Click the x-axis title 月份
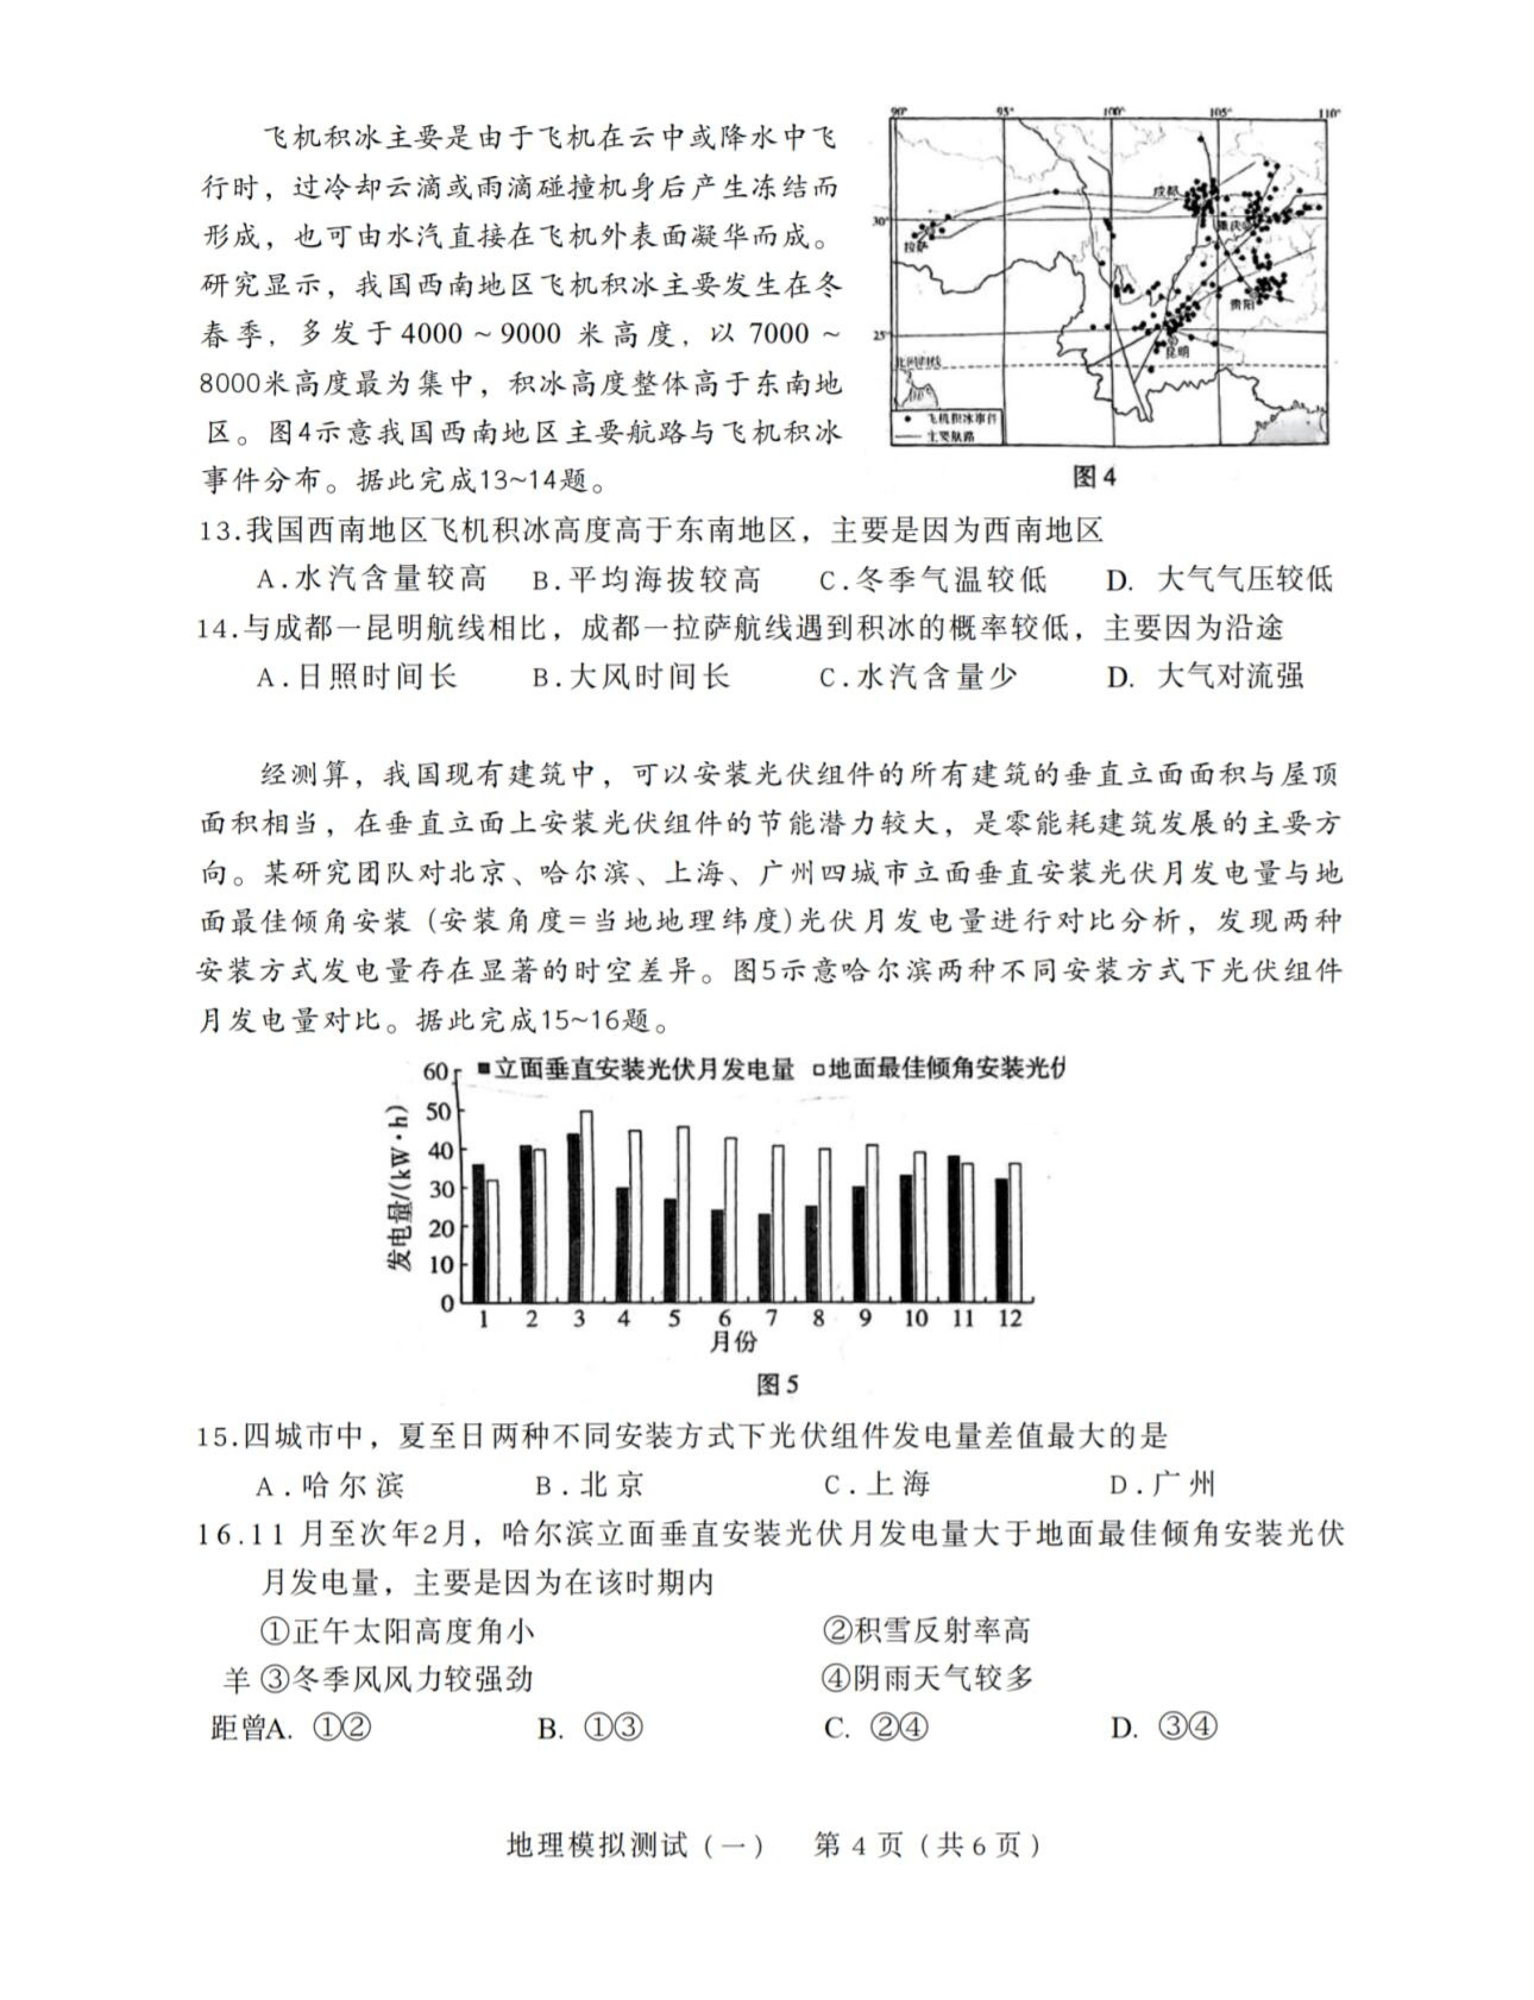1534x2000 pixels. click(x=733, y=1342)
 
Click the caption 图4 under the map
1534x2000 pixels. click(x=1095, y=477)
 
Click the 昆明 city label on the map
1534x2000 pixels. click(x=1178, y=350)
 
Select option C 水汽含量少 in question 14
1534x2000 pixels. click(x=918, y=676)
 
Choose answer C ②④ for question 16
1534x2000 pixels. click(x=877, y=1728)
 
